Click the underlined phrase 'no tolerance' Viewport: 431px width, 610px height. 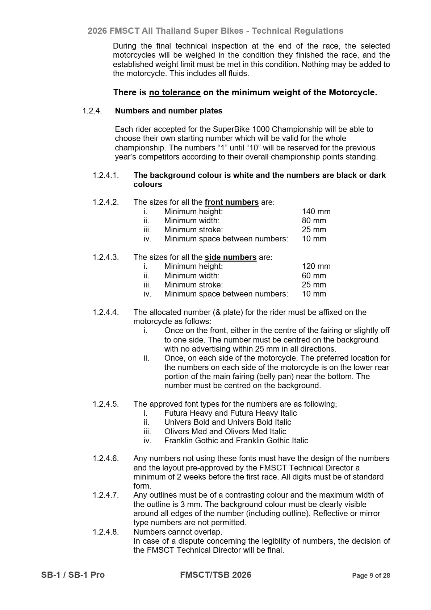pyautogui.click(x=175, y=92)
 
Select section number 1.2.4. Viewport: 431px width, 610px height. pyautogui.click(x=92, y=111)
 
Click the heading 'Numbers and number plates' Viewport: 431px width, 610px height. pyautogui.click(x=168, y=111)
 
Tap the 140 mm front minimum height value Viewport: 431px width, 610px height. pyautogui.click(x=316, y=212)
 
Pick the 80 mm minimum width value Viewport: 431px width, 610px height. pyautogui.click(x=314, y=221)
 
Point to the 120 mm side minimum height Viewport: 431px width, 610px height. pyautogui.click(x=316, y=266)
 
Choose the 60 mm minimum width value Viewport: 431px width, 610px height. pyautogui.click(x=314, y=275)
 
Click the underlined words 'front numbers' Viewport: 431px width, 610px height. pyautogui.click(x=231, y=202)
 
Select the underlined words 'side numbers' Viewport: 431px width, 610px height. pyautogui.click(x=230, y=257)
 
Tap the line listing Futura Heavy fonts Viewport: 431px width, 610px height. pyautogui.click(x=230, y=413)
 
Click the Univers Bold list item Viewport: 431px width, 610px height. pyautogui.click(x=227, y=422)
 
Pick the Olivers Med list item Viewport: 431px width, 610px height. pyautogui.click(x=225, y=432)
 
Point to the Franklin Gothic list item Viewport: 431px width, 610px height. pyautogui.click(x=236, y=441)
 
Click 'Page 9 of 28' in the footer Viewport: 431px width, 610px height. pyautogui.click(x=371, y=576)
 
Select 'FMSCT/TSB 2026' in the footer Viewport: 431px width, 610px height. pyautogui.click(x=215, y=575)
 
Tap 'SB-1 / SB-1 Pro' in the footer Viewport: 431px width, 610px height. pyautogui.click(x=73, y=575)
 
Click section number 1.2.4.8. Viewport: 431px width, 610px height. pyautogui.click(x=105, y=532)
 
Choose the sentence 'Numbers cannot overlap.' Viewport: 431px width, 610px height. pyautogui.click(x=178, y=532)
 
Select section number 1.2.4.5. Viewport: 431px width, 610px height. pyautogui.click(x=105, y=404)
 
